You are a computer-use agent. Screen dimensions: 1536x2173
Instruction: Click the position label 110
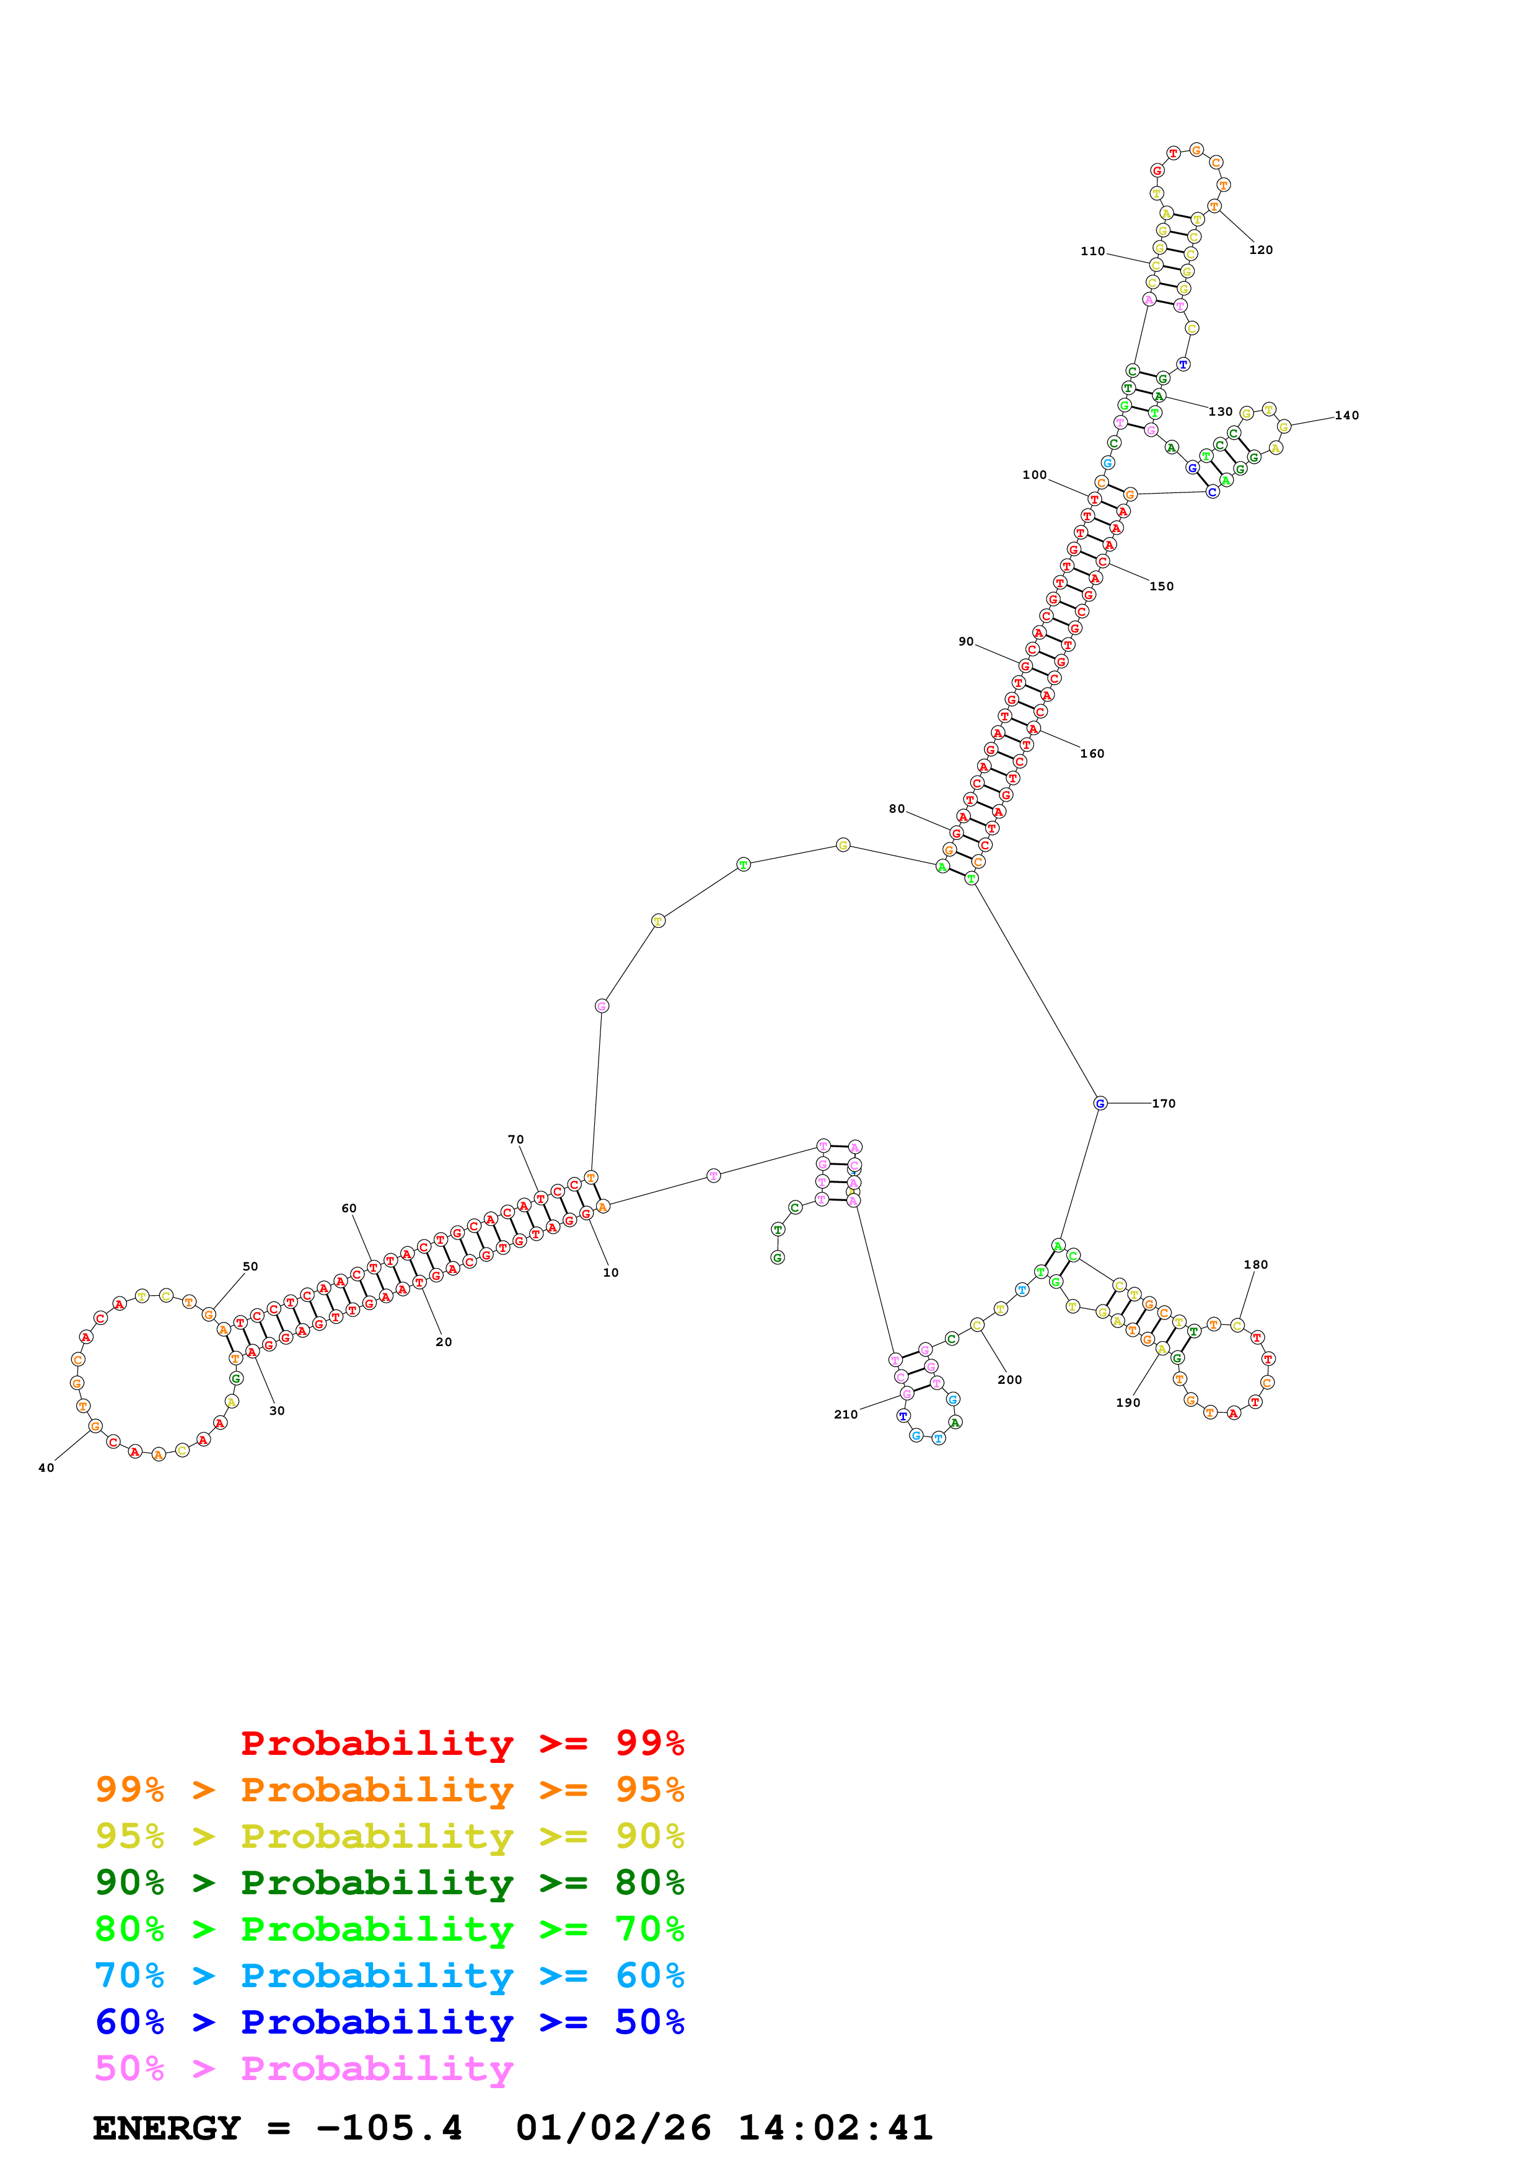[1092, 251]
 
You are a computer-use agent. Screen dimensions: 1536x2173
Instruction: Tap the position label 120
[1261, 250]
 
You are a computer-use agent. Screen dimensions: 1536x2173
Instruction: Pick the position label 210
[845, 1414]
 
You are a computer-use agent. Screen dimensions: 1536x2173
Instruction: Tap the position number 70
[516, 1140]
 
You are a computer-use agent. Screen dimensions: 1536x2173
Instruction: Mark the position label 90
[965, 642]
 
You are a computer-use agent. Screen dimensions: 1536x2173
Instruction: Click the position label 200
[1010, 1380]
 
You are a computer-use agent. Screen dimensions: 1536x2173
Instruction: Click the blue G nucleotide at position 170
[1100, 1104]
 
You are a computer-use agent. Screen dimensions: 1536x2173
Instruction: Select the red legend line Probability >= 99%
[462, 1743]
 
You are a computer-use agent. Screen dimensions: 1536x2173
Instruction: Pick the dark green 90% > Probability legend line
[389, 1882]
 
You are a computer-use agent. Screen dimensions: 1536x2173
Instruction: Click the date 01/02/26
[613, 2128]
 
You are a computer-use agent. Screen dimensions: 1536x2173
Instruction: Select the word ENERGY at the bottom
[167, 2128]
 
